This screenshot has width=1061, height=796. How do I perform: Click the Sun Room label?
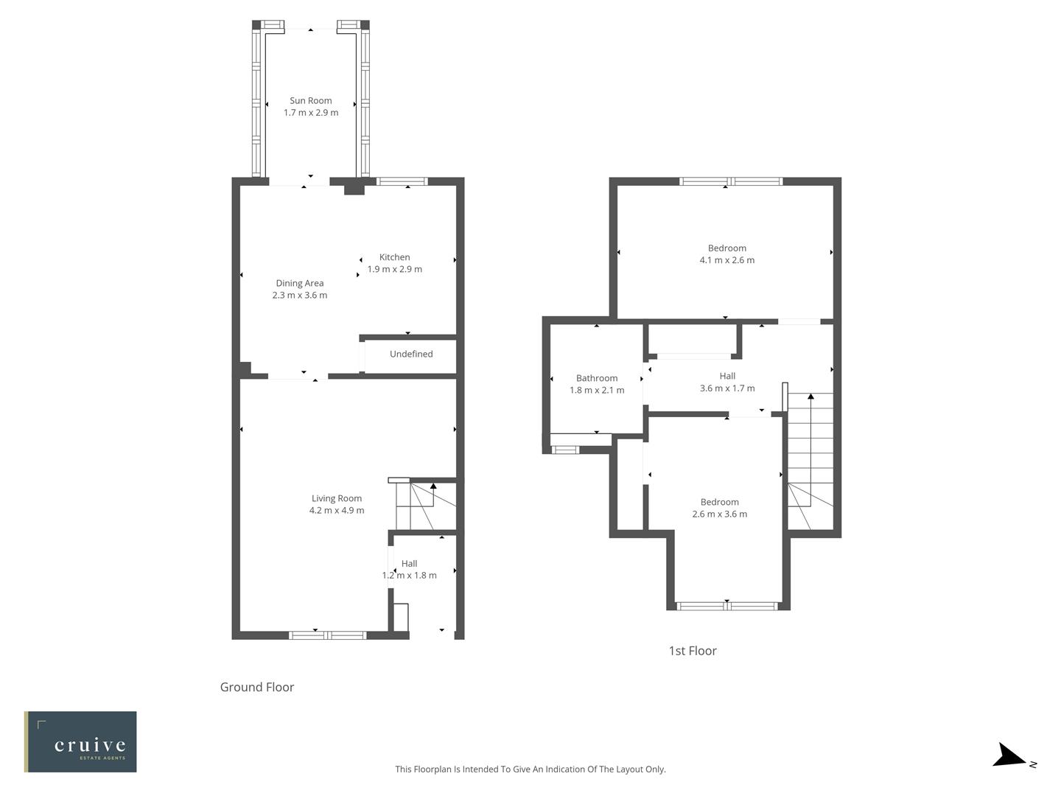pyautogui.click(x=310, y=101)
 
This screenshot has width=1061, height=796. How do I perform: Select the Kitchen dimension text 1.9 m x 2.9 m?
pyautogui.click(x=394, y=270)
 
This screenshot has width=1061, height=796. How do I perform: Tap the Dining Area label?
pyautogui.click(x=299, y=283)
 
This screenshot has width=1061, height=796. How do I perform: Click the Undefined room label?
pyautogui.click(x=411, y=355)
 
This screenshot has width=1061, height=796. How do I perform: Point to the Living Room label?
pyautogui.click(x=336, y=498)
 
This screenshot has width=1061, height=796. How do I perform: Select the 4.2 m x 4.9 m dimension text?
pyautogui.click(x=336, y=511)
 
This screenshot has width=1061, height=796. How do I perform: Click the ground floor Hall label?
pyautogui.click(x=409, y=564)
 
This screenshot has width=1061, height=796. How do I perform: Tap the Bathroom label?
pyautogui.click(x=597, y=378)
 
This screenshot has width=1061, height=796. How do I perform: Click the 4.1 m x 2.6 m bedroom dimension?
pyautogui.click(x=726, y=260)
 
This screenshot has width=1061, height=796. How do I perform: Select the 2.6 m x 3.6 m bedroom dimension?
pyautogui.click(x=719, y=514)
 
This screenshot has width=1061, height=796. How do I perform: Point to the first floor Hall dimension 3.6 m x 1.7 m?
pyautogui.click(x=726, y=388)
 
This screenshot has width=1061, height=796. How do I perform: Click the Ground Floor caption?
pyautogui.click(x=257, y=687)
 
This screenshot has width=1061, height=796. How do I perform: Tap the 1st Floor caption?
pyautogui.click(x=692, y=651)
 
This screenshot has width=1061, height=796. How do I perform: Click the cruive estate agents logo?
pyautogui.click(x=80, y=741)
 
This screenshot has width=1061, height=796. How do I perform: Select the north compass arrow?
pyautogui.click(x=1009, y=756)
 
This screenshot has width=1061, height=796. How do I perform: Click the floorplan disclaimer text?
pyautogui.click(x=530, y=769)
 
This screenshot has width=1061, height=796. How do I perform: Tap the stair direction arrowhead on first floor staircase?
pyautogui.click(x=810, y=397)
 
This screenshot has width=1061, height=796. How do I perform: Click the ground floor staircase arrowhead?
pyautogui.click(x=433, y=486)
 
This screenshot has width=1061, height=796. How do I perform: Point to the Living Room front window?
pyautogui.click(x=328, y=635)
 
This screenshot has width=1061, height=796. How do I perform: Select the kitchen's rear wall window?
pyautogui.click(x=402, y=181)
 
